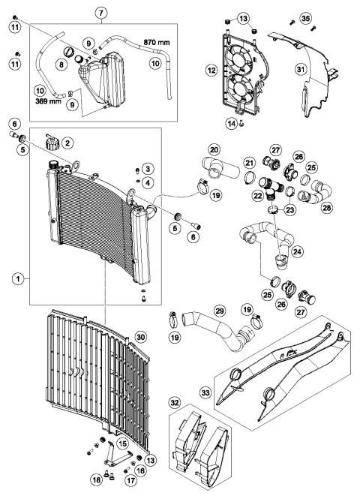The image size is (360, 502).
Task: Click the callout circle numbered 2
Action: (67, 142)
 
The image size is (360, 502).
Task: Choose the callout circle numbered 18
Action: (96, 478)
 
